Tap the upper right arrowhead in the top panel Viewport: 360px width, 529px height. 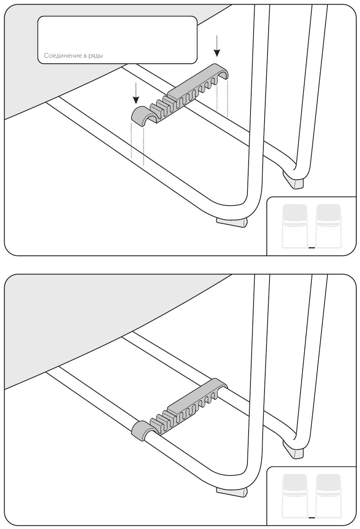tap(217, 53)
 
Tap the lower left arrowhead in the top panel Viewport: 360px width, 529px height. tap(136, 100)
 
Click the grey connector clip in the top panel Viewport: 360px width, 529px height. tap(179, 95)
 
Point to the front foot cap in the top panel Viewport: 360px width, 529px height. tap(231, 223)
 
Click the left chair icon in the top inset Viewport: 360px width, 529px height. tap(295, 226)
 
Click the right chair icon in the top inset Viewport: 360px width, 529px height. tap(329, 226)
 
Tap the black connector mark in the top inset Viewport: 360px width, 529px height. tap(311, 248)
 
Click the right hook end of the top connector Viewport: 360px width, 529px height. tap(221, 71)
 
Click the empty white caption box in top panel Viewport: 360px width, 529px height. tap(117, 40)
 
